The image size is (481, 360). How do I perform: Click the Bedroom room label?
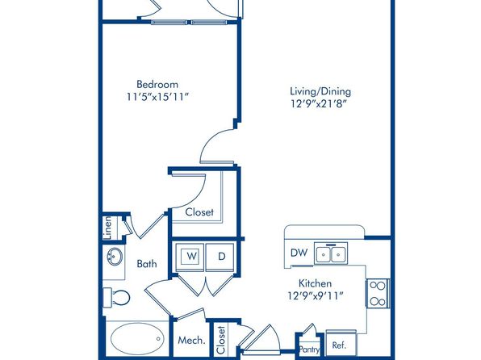[157, 85]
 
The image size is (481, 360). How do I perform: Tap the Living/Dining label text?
[320, 92]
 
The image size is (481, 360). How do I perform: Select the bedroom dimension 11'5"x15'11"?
[157, 97]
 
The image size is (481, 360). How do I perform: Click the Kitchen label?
[315, 283]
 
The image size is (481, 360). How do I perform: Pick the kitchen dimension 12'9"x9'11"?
[316, 296]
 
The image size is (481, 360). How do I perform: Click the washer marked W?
[190, 257]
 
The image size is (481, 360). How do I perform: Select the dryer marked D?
[220, 257]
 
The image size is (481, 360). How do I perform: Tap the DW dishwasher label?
[299, 253]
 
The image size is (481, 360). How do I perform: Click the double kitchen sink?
[331, 253]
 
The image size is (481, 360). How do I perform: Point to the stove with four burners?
[378, 293]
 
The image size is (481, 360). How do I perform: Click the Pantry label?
[309, 350]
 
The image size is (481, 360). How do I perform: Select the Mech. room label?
[191, 340]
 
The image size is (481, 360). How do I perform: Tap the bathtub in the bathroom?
[137, 338]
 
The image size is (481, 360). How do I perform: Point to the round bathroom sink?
[115, 256]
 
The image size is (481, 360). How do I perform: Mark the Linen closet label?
[107, 228]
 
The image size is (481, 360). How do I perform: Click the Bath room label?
[147, 264]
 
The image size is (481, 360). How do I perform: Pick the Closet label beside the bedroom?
[199, 212]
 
